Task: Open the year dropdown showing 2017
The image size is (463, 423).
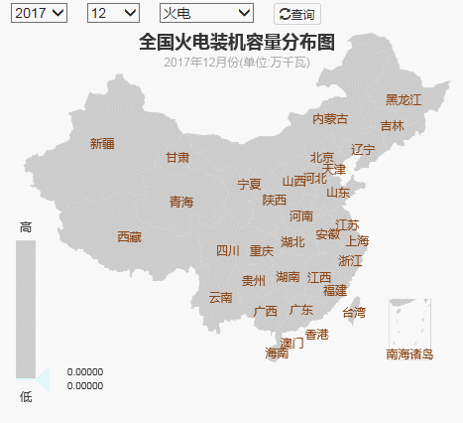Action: (x=40, y=13)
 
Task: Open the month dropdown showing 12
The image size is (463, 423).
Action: (x=113, y=13)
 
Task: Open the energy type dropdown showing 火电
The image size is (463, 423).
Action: (x=206, y=13)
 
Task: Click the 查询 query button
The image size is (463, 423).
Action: (x=297, y=14)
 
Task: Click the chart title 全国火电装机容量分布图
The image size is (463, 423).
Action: (x=237, y=42)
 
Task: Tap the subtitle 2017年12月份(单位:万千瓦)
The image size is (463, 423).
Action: (x=237, y=63)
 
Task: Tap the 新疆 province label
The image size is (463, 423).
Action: (x=102, y=144)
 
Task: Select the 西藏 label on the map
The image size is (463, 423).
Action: (x=129, y=237)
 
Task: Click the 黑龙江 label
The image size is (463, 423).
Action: (x=404, y=100)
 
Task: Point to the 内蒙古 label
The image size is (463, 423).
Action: (x=330, y=119)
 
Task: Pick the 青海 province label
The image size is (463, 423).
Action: (x=181, y=202)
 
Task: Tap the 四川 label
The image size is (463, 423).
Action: (x=228, y=251)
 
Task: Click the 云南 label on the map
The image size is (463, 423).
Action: (x=220, y=297)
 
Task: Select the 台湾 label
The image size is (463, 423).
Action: (x=353, y=313)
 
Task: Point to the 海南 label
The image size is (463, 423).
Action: (x=277, y=353)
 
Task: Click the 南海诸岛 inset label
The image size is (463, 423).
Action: (x=409, y=354)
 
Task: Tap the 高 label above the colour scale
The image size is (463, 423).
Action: (x=26, y=227)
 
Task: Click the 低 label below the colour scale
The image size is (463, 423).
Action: (x=26, y=396)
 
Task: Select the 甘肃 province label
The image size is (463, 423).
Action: (x=177, y=158)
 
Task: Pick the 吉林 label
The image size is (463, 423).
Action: (x=392, y=126)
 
